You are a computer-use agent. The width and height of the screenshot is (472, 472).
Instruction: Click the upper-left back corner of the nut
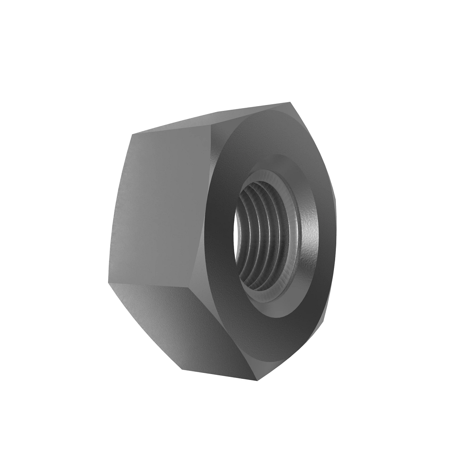click(131, 135)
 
